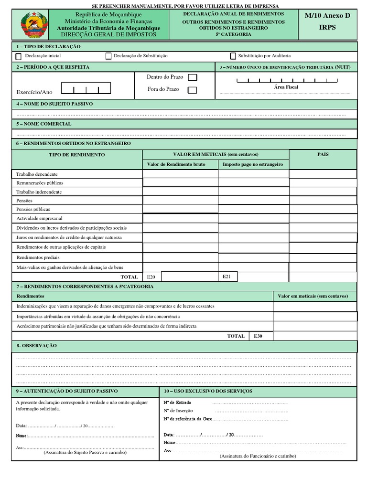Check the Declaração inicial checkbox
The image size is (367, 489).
(x=19, y=56)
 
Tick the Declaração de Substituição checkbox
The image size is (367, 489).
(x=108, y=56)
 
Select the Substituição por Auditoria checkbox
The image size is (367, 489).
(x=233, y=56)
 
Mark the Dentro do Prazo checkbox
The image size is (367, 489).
(x=192, y=77)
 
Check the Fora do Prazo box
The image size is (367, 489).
(x=192, y=90)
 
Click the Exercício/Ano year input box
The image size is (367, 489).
(x=86, y=88)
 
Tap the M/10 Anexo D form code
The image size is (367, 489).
(x=327, y=16)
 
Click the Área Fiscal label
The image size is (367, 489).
(x=286, y=87)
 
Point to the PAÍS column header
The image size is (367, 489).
(x=323, y=155)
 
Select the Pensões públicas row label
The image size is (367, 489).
(x=33, y=210)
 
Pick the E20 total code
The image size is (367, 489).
(x=151, y=277)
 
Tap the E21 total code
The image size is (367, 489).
(x=227, y=276)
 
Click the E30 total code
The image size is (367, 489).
(x=258, y=336)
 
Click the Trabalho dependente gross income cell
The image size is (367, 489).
(x=180, y=174)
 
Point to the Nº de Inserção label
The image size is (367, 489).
(x=178, y=411)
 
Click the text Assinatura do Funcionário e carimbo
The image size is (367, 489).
(x=258, y=456)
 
